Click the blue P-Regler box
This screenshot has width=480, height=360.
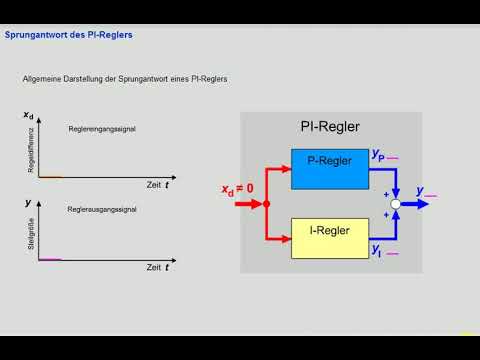pyautogui.click(x=329, y=160)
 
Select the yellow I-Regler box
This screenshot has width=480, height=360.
pyautogui.click(x=329, y=232)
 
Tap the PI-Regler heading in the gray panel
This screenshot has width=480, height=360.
pyautogui.click(x=330, y=127)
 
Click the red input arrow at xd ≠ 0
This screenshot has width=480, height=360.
pyautogui.click(x=246, y=203)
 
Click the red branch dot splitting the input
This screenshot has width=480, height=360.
pyautogui.click(x=266, y=203)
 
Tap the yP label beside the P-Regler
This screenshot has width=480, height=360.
pyautogui.click(x=378, y=155)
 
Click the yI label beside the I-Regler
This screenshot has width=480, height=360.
pyautogui.click(x=377, y=250)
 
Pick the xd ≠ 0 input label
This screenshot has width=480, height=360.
pyautogui.click(x=237, y=187)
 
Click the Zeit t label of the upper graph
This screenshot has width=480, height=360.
pyautogui.click(x=157, y=186)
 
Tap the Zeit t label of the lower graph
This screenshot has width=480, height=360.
pyautogui.click(x=157, y=268)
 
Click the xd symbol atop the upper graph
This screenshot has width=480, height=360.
pyautogui.click(x=28, y=118)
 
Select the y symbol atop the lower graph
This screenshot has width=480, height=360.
pyautogui.click(x=27, y=202)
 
